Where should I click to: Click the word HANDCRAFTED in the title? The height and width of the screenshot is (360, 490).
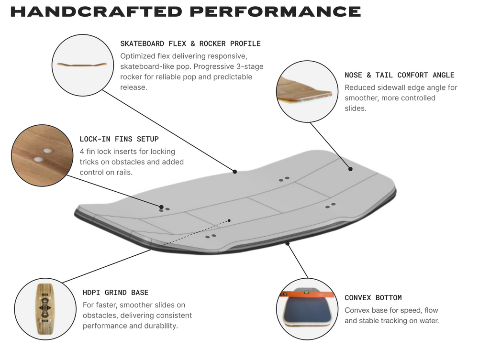click(96, 11)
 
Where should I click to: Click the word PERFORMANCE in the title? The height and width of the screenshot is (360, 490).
click(275, 11)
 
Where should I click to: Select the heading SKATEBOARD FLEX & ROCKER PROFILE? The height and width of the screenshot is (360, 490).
click(190, 44)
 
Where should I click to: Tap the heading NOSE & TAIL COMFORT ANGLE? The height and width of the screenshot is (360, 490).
click(400, 75)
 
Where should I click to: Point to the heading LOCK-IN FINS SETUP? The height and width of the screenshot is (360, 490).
click(119, 139)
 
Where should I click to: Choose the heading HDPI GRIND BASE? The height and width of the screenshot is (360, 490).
click(116, 293)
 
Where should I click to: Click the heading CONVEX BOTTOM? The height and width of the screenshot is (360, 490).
click(373, 298)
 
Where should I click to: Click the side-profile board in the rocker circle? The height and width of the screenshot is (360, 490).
click(82, 65)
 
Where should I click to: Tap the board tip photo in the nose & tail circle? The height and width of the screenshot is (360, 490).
click(304, 90)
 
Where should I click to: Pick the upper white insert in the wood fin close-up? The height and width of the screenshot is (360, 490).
click(47, 151)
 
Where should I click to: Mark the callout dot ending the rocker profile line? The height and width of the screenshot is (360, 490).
click(234, 172)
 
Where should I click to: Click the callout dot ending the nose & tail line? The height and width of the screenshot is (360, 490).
click(350, 169)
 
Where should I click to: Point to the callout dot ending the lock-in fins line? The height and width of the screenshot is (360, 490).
click(161, 207)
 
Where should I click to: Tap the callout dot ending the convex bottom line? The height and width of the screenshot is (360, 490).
click(288, 243)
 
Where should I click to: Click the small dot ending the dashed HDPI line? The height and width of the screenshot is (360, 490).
click(229, 220)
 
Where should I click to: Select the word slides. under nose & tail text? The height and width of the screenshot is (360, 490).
click(356, 109)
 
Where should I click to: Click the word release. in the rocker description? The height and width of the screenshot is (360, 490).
click(134, 87)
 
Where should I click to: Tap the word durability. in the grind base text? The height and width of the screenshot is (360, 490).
click(163, 326)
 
